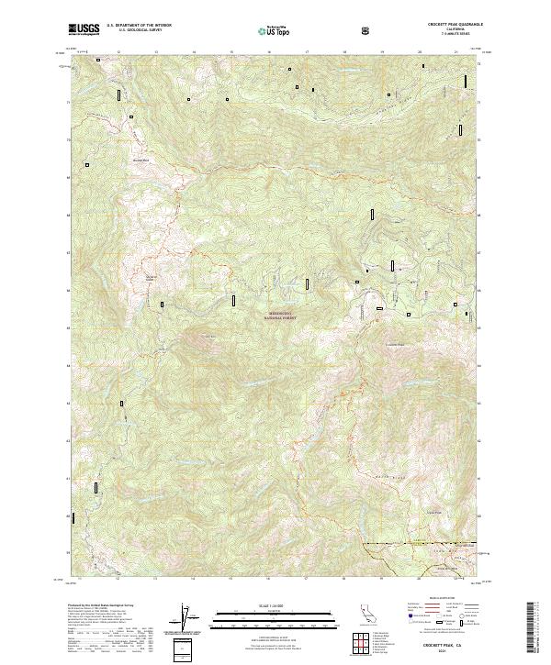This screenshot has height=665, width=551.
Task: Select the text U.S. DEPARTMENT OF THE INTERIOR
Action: pyautogui.click(x=138, y=27)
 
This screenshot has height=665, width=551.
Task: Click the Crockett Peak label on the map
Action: pyautogui.click(x=393, y=344)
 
